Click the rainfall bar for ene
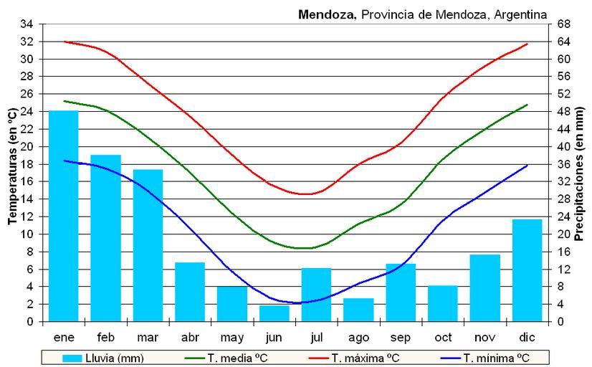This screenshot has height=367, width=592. [x=64, y=216]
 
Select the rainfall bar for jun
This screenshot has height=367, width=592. [x=274, y=313]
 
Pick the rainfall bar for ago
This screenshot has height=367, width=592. [x=358, y=310]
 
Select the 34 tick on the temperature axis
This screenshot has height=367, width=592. [x=27, y=24]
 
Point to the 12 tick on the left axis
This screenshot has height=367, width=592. [x=27, y=216]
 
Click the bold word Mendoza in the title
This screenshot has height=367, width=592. [x=326, y=14]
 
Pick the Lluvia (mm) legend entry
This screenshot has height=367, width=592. [x=104, y=358]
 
